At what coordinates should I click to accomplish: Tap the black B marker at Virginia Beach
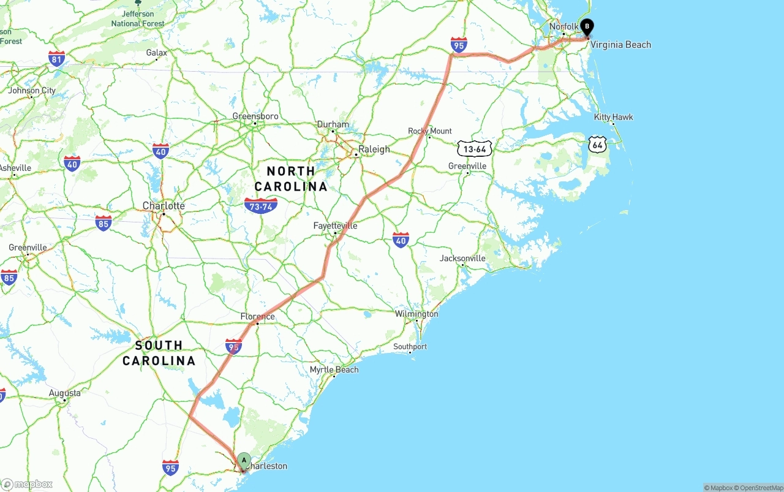pyautogui.click(x=587, y=27)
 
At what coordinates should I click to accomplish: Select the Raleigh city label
pyautogui.click(x=374, y=149)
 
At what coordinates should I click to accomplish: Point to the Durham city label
pyautogui.click(x=333, y=124)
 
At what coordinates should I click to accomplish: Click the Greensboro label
pyautogui.click(x=255, y=116)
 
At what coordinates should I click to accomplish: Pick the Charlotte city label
pyautogui.click(x=164, y=206)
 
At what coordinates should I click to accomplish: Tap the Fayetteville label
pyautogui.click(x=335, y=226)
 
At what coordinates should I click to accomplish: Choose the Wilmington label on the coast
pyautogui.click(x=417, y=314)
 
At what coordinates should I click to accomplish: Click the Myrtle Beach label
pyautogui.click(x=334, y=370)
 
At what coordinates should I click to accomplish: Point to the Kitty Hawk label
pyautogui.click(x=613, y=117)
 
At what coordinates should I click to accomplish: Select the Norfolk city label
pyautogui.click(x=563, y=27)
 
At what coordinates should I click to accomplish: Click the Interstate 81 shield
pyautogui.click(x=57, y=59)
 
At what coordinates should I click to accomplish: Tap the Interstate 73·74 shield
pyautogui.click(x=260, y=205)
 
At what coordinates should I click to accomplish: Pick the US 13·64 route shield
pyautogui.click(x=475, y=148)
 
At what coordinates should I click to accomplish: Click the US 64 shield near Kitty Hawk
pyautogui.click(x=597, y=145)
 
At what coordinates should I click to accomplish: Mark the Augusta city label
pyautogui.click(x=64, y=393)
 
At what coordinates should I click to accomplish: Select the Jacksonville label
pyautogui.click(x=462, y=259)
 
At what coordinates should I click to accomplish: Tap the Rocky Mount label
pyautogui.click(x=430, y=131)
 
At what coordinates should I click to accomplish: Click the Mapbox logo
pyautogui.click(x=27, y=484)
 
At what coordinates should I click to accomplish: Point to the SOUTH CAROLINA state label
pyautogui.click(x=159, y=353)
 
